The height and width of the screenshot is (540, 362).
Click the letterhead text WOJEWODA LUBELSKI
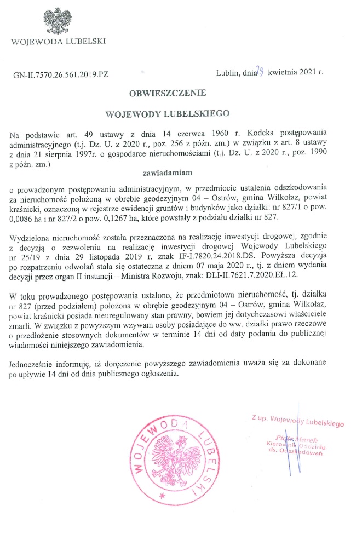coord(59,41)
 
